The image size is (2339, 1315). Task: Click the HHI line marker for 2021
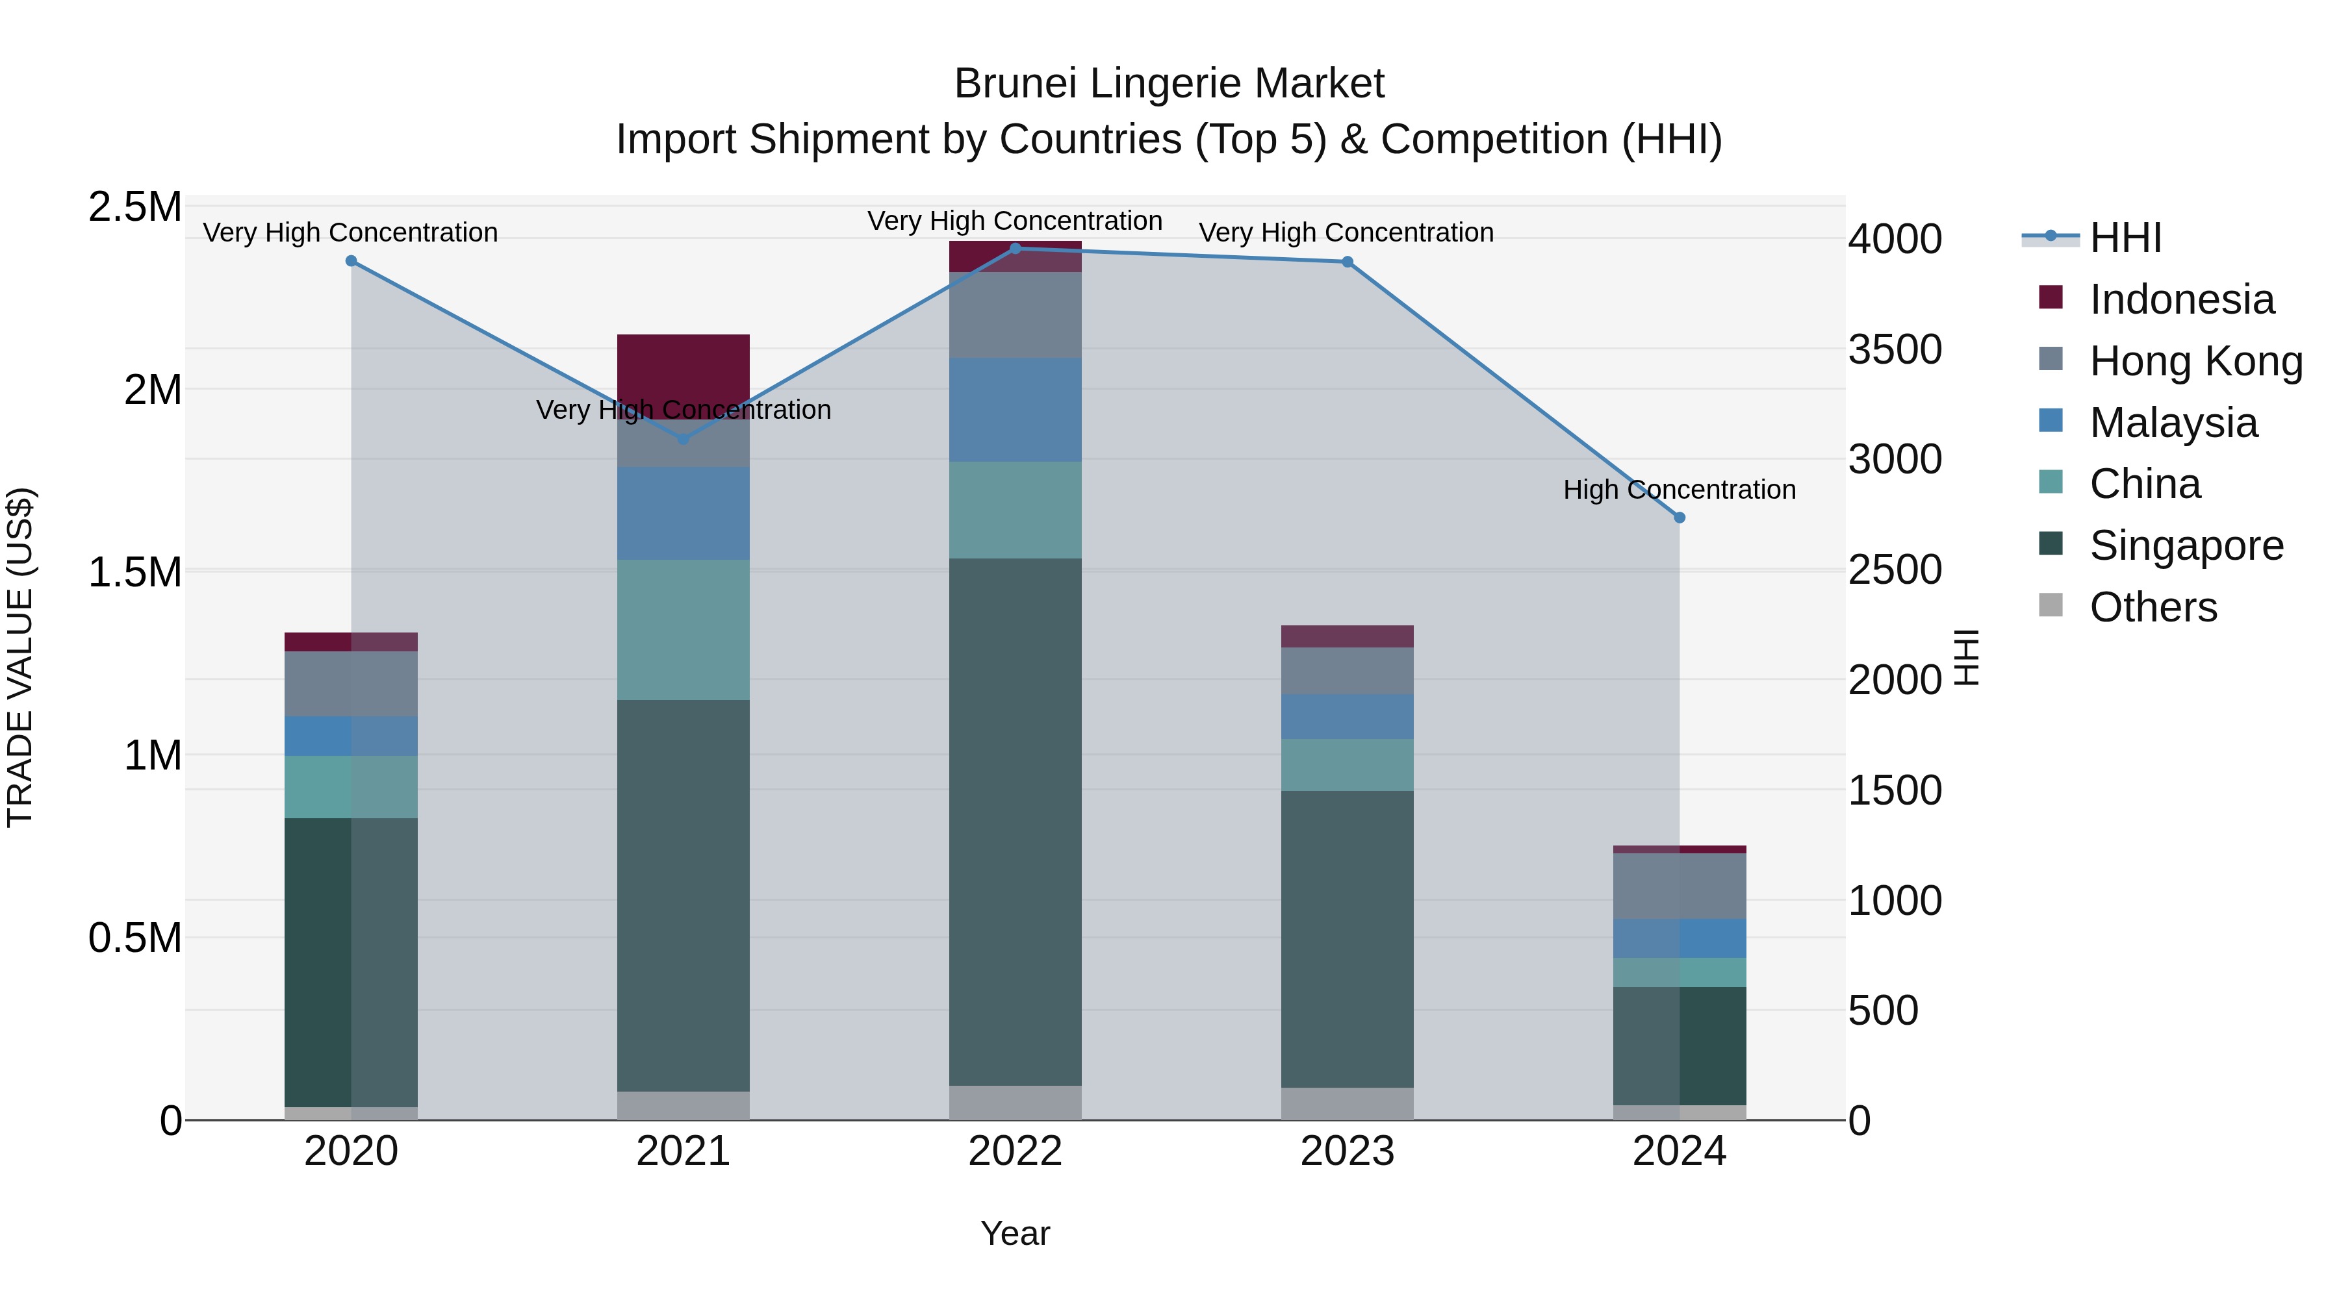(683, 439)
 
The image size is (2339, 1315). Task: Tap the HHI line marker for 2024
(1679, 518)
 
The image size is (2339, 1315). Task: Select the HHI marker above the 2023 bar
(1348, 262)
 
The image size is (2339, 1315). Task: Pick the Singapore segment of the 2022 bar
(1015, 821)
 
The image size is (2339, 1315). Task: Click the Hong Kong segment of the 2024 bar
(1679, 886)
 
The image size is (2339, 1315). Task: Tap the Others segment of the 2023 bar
(1348, 1103)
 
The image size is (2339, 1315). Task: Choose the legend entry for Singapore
(2184, 545)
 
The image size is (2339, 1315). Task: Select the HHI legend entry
(2125, 238)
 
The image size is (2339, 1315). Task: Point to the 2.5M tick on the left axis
(134, 207)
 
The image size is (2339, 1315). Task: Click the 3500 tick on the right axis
(1895, 349)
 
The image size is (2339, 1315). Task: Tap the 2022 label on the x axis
(1015, 1151)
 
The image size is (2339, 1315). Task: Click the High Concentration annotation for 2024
(1679, 490)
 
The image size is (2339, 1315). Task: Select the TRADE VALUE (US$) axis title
(20, 657)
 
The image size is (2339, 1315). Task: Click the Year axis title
(1015, 1233)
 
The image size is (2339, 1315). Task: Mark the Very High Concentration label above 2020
(350, 232)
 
